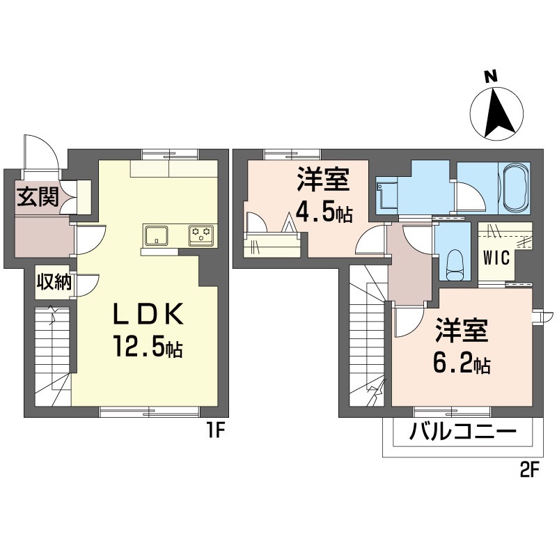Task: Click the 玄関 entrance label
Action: pos(38,197)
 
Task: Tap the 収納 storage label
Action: pos(55,283)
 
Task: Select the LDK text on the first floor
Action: pos(148,314)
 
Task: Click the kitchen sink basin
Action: pos(155,235)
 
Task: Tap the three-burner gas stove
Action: pos(201,235)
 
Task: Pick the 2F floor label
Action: pos(530,472)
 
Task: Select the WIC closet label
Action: pos(496,258)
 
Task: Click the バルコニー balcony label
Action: pos(462,432)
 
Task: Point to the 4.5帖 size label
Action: pos(324,213)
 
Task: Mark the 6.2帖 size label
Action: pos(462,363)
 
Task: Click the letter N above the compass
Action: pos(492,77)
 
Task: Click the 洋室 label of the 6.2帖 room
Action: pos(462,330)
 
